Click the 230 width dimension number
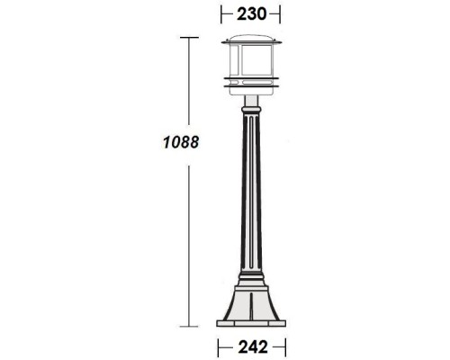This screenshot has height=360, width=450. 251,14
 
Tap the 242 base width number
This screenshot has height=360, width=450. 251,344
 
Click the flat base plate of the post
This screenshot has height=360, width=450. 251,321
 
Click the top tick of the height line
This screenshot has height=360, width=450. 188,37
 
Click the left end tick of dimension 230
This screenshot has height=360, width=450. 221,14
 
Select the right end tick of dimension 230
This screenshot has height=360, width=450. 281,14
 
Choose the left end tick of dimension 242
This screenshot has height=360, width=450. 218,344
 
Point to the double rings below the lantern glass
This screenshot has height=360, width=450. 251,86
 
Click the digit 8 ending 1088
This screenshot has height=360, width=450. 193,142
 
